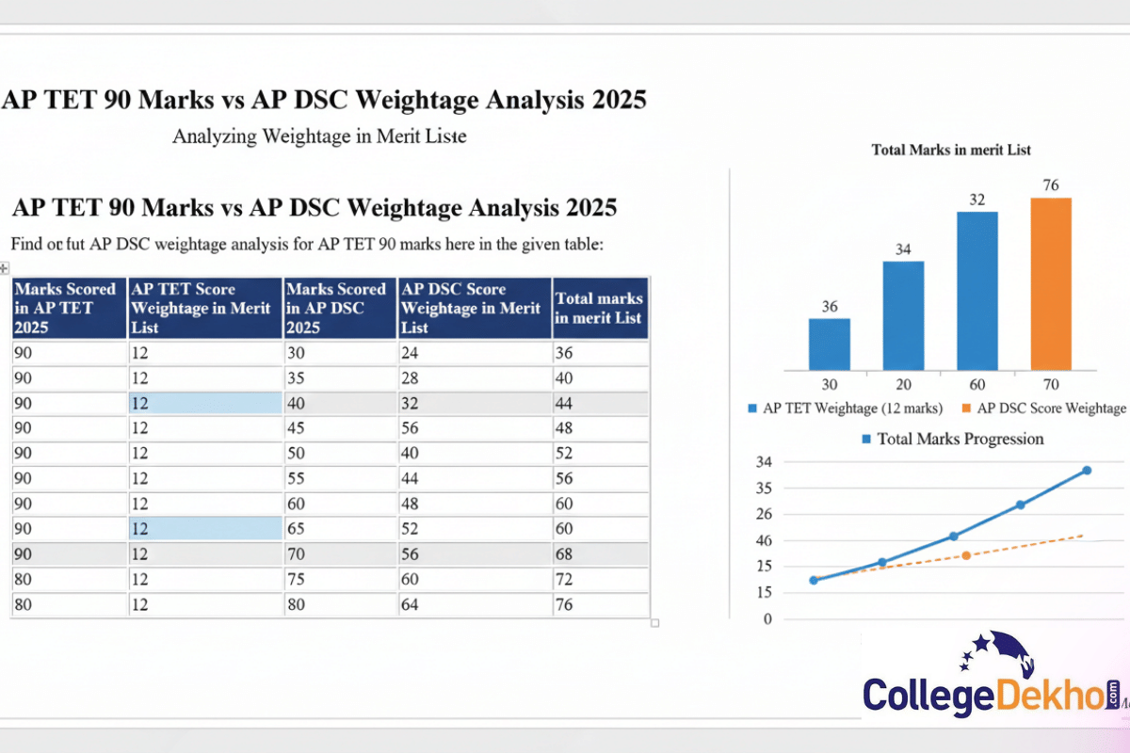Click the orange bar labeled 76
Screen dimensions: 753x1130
[1051, 283]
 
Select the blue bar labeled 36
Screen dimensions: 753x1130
[829, 344]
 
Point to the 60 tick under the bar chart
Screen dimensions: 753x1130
[977, 385]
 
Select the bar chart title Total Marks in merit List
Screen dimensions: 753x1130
[951, 150]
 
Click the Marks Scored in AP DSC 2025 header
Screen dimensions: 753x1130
[337, 308]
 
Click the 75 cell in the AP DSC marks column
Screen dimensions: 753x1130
[297, 579]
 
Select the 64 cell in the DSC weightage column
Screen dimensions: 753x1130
[412, 604]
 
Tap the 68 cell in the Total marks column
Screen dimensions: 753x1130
[565, 553]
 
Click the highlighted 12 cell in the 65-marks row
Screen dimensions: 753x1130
[204, 528]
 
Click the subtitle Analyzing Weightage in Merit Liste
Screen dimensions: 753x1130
[319, 136]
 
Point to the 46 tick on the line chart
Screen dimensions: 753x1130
[763, 540]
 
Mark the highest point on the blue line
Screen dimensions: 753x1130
[1087, 470]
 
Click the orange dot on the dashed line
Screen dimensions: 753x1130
[966, 555]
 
